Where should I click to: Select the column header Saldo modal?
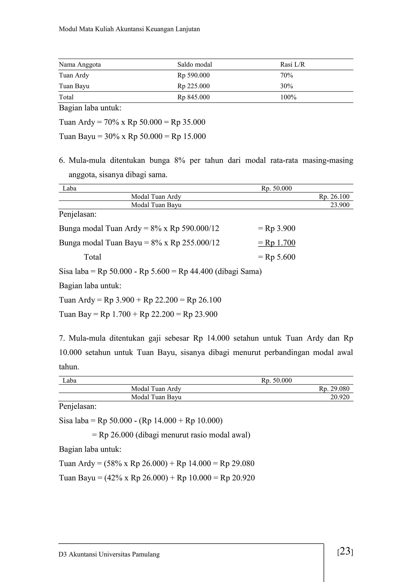[x=195, y=65]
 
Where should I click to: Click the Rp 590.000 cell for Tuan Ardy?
[x=194, y=75]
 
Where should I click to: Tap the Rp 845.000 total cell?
[x=194, y=97]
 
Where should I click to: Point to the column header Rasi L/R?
[x=293, y=65]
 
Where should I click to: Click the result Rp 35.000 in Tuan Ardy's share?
[x=188, y=122]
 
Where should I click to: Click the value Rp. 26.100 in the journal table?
[x=334, y=197]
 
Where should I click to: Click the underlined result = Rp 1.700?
[x=277, y=243]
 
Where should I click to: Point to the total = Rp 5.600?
[x=277, y=257]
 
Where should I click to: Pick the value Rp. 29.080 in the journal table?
[x=334, y=389]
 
